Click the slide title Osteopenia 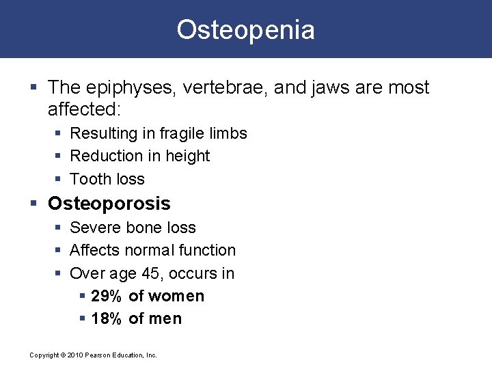point(246,30)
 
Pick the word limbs point(228,133)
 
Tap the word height point(187,156)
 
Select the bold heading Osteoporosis point(109,204)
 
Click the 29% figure point(106,296)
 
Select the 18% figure point(106,318)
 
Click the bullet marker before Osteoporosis point(35,204)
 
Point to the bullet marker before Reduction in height point(57,156)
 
